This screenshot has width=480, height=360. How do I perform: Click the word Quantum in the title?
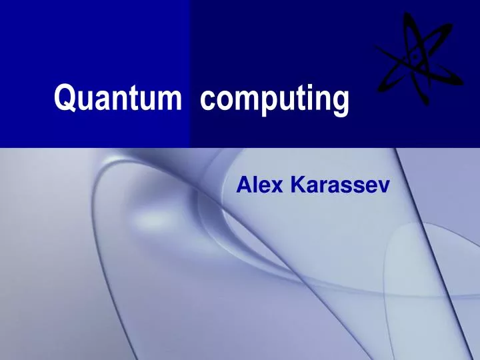(x=117, y=99)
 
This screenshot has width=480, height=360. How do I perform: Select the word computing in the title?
(x=273, y=101)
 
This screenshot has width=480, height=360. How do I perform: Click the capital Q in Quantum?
(x=63, y=99)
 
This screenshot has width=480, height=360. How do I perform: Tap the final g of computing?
(x=339, y=103)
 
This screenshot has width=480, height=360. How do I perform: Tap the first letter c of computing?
(x=207, y=101)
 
